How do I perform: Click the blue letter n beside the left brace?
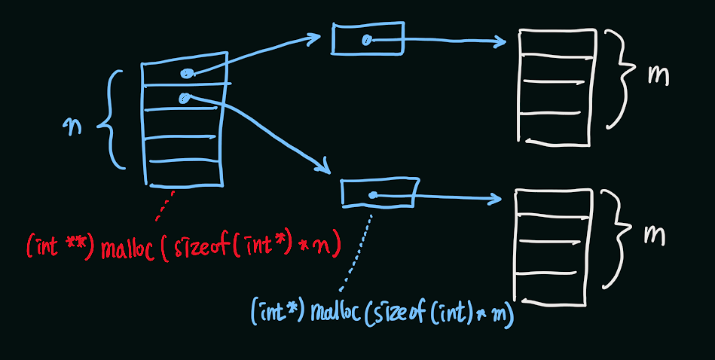coord(74,127)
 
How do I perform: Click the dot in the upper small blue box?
coord(366,41)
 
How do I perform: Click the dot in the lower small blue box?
coord(373,196)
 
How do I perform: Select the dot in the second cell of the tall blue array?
coord(183,98)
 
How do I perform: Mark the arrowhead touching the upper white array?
coord(501,42)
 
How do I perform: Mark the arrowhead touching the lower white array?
coord(496,200)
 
